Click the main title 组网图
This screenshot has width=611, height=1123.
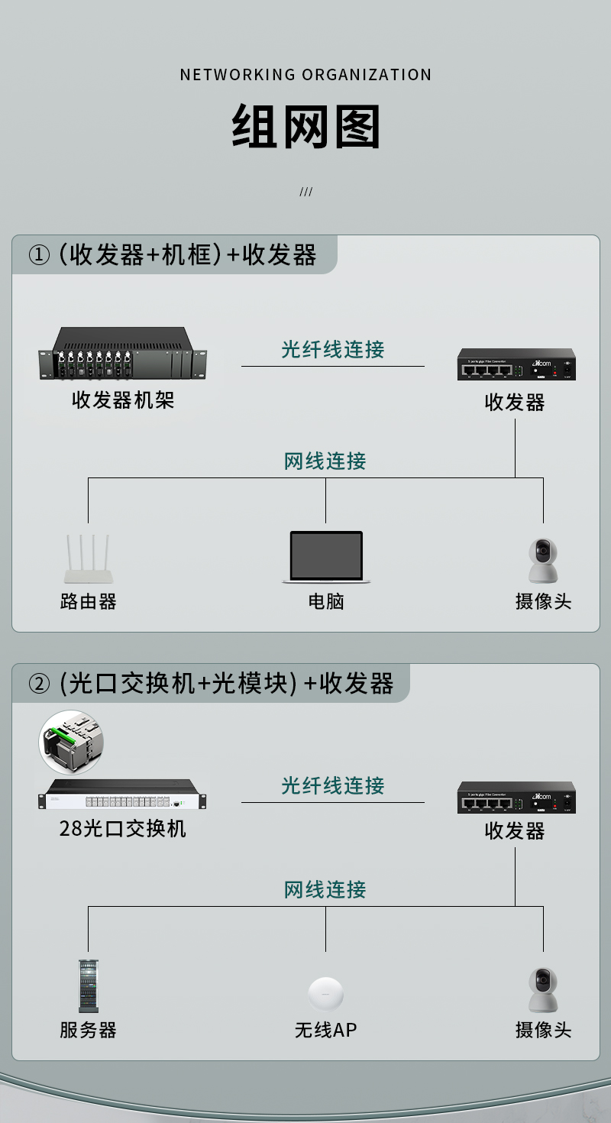pos(305,126)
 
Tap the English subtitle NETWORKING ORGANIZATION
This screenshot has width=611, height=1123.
pos(305,75)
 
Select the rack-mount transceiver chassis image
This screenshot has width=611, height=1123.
pos(123,353)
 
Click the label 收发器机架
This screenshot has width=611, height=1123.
pos(123,400)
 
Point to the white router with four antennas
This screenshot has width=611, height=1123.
pos(89,558)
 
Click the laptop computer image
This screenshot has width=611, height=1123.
pos(326,557)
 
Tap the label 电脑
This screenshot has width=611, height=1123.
pos(326,601)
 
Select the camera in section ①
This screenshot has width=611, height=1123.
pos(543,561)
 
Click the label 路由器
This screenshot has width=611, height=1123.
pos(89,601)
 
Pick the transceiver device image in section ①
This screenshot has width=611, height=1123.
pos(516,364)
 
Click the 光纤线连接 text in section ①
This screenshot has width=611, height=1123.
pos(333,349)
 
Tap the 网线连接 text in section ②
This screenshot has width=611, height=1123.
pos(325,889)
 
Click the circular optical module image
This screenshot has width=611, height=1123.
pos(71,743)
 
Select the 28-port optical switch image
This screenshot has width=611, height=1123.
pos(123,795)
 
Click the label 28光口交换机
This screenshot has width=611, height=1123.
pos(123,828)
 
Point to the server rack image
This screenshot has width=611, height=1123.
pos(89,986)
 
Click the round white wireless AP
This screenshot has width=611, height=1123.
pos(326,994)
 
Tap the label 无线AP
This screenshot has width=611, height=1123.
pos(326,1030)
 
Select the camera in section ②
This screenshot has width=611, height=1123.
pos(543,989)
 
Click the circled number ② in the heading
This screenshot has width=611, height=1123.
pos(39,683)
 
